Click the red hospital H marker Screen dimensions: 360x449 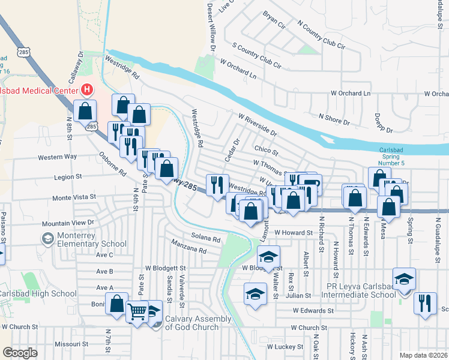tap(87, 90)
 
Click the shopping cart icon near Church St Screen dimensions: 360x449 tap(137, 311)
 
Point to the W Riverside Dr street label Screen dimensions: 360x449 tap(258, 124)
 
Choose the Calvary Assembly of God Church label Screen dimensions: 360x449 tap(198, 322)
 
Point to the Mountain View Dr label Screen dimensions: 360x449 tap(68, 223)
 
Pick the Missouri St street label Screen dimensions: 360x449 tap(71, 344)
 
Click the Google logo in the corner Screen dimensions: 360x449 tap(19, 353)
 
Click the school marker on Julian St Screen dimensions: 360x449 tap(256, 294)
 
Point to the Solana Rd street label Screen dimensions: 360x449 tap(206, 238)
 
